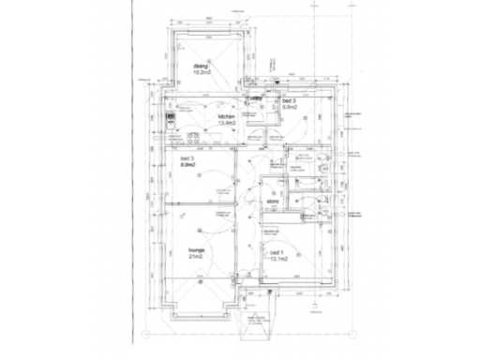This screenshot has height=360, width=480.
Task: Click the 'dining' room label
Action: click(200, 67)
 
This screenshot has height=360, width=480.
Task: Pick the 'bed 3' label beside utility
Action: click(288, 100)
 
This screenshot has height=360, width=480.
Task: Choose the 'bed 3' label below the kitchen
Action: click(187, 158)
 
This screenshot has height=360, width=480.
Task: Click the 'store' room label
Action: click(274, 202)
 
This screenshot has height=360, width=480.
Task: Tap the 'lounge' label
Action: click(196, 250)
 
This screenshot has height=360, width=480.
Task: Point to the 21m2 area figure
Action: click(196, 258)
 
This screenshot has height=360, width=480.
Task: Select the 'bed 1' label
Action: click(277, 253)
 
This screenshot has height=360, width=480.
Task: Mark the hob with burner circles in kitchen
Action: click(170, 121)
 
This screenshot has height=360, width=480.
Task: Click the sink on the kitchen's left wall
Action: click(170, 136)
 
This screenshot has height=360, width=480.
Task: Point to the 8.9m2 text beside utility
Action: click(291, 108)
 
